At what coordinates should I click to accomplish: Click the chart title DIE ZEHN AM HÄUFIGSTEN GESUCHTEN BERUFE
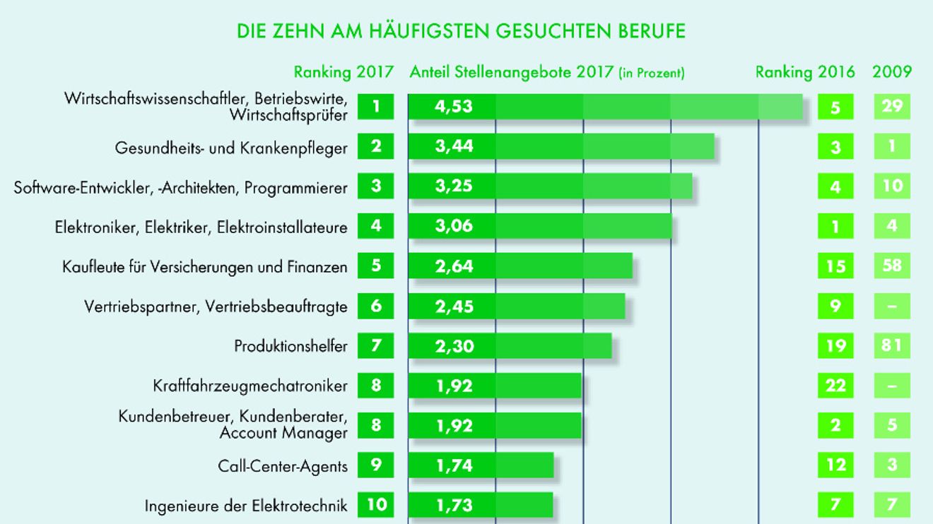tap(461, 31)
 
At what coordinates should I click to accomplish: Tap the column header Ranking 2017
tap(344, 73)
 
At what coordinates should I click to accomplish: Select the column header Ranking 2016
tap(805, 73)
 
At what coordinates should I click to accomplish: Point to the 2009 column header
tap(892, 72)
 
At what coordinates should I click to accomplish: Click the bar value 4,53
tap(454, 107)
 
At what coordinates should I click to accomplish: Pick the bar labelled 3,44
tap(561, 146)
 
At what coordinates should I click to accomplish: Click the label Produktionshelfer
tap(291, 346)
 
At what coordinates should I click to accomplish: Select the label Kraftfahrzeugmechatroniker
tap(250, 386)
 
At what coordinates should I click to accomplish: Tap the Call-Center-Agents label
tap(283, 465)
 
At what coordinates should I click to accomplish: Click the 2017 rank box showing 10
tap(376, 505)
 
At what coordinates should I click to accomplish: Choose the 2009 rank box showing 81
tap(892, 345)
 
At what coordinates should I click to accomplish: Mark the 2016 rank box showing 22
tap(835, 386)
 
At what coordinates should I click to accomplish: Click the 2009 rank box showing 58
tap(892, 266)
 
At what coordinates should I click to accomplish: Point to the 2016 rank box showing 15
tap(835, 266)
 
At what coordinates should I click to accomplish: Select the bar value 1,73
tap(454, 505)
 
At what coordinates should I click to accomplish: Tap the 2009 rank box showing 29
tap(892, 107)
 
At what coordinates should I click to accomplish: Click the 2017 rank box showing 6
tap(376, 306)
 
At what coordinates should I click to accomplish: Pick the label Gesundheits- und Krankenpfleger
tap(231, 148)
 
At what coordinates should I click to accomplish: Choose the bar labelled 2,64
tap(520, 266)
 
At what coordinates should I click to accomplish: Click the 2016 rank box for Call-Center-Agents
tap(835, 465)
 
